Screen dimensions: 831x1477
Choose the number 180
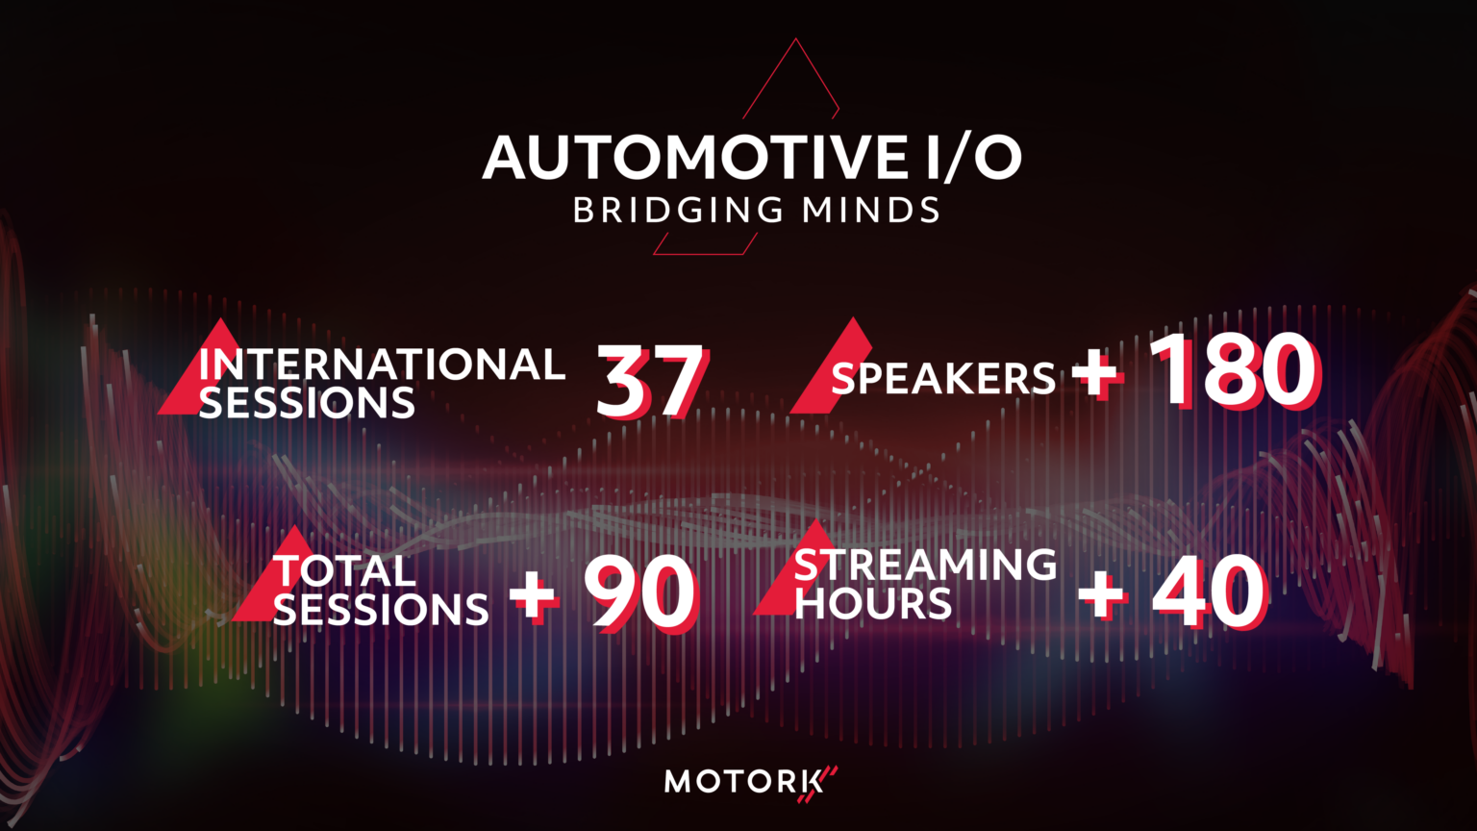pyautogui.click(x=1235, y=371)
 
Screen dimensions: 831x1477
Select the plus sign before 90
pyautogui.click(x=533, y=595)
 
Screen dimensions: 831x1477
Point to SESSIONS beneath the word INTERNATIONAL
pyautogui.click(x=307, y=403)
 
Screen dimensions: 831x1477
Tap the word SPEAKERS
pyautogui.click(x=943, y=379)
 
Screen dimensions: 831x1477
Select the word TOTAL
pyautogui.click(x=344, y=571)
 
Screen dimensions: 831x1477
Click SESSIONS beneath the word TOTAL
pyautogui.click(x=381, y=610)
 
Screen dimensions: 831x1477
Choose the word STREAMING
pyautogui.click(x=925, y=565)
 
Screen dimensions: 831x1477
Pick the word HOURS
pyautogui.click(x=873, y=604)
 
